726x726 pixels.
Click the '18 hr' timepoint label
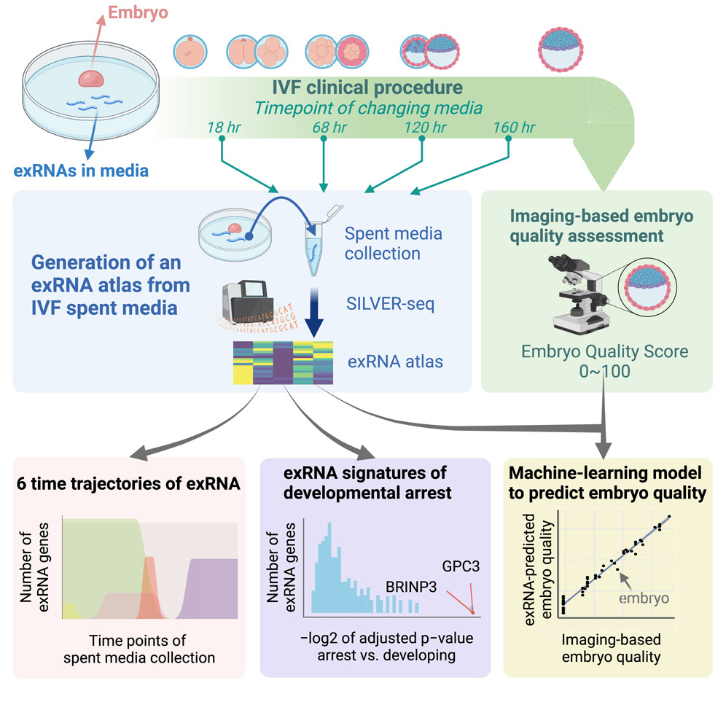221,128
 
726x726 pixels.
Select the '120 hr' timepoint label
424,128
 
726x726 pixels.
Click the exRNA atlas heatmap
283,361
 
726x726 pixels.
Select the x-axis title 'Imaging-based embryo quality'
612,648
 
